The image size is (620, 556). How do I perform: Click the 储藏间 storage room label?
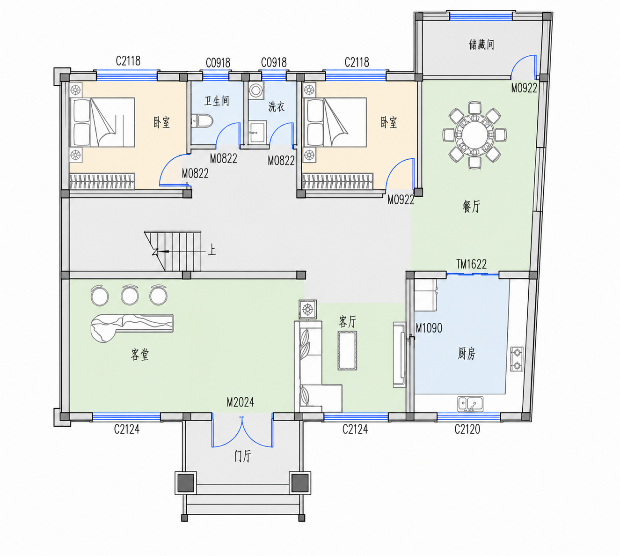481,44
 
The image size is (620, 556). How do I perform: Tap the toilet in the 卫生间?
202,121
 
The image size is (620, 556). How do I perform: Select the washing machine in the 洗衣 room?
256,90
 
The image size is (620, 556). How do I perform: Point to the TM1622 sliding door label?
471,264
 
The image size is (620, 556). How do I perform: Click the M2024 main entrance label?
240,402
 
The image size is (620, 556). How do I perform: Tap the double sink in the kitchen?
470,404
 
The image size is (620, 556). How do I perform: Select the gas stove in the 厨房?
517,359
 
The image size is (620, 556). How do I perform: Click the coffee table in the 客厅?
347,350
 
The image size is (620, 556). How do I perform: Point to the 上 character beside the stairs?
212,250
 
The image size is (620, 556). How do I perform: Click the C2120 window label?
467,430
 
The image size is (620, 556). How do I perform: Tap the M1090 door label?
429,328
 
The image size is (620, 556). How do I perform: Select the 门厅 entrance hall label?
242,456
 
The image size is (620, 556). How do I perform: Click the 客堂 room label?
140,355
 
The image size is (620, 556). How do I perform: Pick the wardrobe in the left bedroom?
102,181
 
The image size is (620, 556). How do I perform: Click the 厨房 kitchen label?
467,354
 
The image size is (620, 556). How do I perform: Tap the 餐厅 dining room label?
471,206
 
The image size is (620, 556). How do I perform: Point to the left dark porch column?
185,483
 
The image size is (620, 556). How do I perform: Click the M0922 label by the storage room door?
524,88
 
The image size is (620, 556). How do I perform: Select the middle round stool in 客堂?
130,295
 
